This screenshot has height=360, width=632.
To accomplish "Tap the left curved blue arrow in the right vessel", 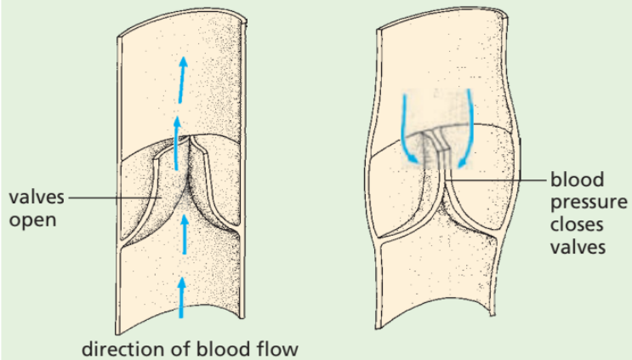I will point(407,128).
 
